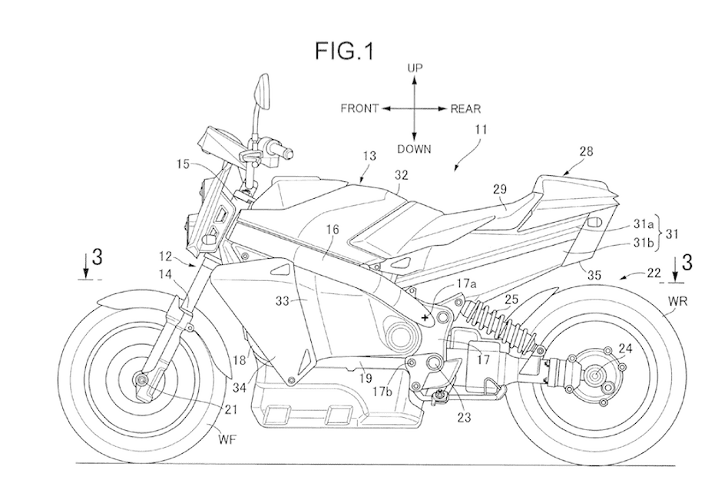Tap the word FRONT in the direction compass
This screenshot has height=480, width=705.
click(x=359, y=109)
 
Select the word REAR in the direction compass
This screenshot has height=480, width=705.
click(x=465, y=109)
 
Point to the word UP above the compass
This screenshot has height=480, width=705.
click(x=415, y=68)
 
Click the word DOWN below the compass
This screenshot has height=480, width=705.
click(x=415, y=149)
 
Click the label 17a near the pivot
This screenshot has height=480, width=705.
click(x=467, y=284)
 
